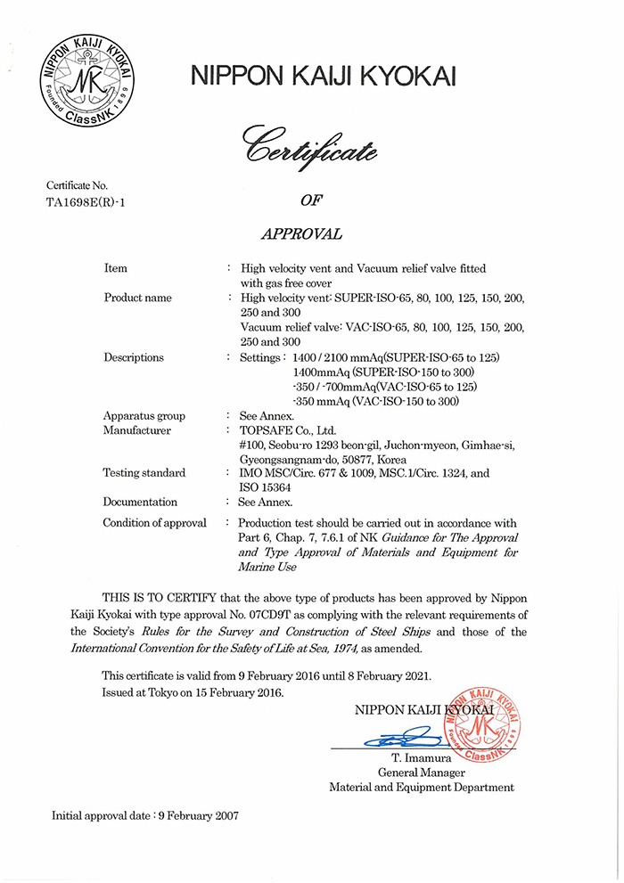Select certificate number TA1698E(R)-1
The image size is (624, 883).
86,201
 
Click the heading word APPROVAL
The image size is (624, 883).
301,234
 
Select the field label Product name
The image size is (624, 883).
138,298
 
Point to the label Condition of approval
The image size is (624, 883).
155,523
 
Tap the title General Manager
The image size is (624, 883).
422,773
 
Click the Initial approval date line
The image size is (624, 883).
145,814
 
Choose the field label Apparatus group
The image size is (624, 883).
144,416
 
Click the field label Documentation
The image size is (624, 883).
140,502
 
